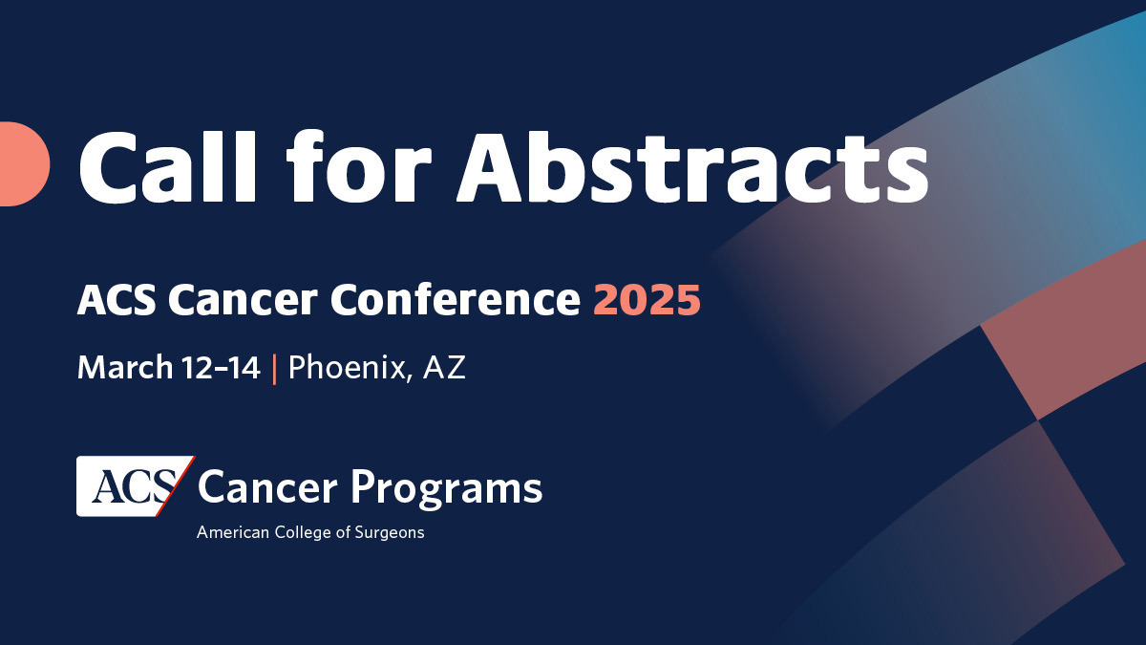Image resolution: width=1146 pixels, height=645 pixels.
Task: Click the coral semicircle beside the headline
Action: click(x=23, y=163)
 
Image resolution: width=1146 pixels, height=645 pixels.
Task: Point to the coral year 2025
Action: click(x=647, y=301)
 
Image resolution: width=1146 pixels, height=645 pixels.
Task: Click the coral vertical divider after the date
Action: click(x=274, y=368)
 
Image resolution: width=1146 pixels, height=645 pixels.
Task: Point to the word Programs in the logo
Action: click(x=446, y=488)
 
